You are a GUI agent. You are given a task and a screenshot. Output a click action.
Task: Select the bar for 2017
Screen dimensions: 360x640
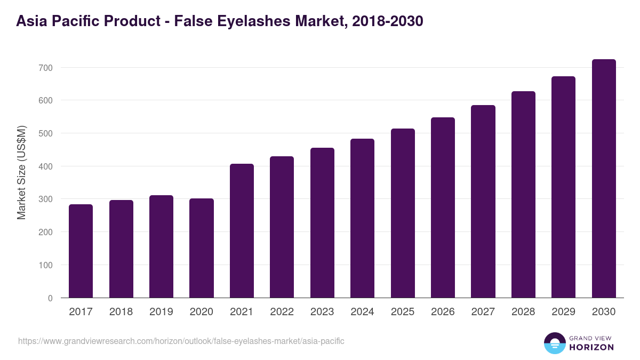click(81, 251)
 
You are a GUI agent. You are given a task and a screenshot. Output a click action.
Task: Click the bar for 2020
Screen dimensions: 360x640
click(202, 248)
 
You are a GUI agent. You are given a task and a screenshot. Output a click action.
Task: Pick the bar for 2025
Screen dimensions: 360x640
click(403, 213)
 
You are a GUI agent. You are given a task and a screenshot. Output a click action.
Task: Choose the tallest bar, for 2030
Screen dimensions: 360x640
click(604, 178)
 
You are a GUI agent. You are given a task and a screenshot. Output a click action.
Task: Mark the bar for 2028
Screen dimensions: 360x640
click(523, 194)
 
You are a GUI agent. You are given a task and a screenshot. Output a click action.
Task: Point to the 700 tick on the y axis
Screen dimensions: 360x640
click(46, 68)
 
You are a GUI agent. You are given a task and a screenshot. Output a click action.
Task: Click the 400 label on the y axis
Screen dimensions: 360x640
click(46, 166)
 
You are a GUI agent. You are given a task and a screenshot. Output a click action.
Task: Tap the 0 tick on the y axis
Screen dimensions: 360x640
click(50, 298)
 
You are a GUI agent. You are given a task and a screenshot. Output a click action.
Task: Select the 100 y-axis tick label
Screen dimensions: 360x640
click(46, 265)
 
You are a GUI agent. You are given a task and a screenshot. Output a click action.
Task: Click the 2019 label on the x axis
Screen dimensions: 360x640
click(161, 312)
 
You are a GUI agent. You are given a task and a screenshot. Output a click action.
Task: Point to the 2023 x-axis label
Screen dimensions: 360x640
click(322, 312)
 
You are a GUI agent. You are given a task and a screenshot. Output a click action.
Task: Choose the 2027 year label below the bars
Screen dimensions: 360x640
click(483, 312)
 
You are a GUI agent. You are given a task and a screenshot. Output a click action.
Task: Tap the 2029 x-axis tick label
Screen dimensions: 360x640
click(564, 312)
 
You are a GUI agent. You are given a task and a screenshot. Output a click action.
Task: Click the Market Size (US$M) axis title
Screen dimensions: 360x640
click(21, 172)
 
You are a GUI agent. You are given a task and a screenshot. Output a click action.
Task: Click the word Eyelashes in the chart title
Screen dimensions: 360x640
click(259, 21)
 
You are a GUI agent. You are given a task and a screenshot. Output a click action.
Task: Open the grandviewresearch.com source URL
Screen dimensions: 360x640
click(181, 341)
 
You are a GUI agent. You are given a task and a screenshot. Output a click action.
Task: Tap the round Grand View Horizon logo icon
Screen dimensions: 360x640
click(555, 343)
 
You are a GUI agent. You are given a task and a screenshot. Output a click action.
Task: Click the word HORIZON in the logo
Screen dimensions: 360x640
click(591, 347)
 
